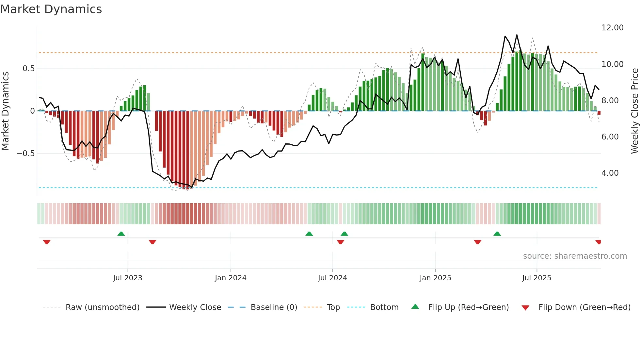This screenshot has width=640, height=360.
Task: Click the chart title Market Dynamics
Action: (51, 9)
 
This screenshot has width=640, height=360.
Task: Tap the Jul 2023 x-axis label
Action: (128, 278)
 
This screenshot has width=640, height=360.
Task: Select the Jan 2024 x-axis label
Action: (231, 278)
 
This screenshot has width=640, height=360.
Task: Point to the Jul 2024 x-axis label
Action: (332, 278)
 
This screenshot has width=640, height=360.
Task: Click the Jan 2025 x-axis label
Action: (435, 278)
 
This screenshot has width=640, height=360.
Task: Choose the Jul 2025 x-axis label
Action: (536, 278)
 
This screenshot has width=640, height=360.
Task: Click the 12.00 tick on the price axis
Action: (612, 28)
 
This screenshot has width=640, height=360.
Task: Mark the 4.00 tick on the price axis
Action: (610, 173)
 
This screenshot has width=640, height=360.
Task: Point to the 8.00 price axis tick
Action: (610, 101)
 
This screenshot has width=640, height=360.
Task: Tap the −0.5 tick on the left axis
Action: (26, 154)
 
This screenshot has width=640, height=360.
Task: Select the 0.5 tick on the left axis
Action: (28, 69)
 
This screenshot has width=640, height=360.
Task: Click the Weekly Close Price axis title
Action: (634, 111)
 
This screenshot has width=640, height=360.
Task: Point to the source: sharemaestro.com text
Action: (575, 256)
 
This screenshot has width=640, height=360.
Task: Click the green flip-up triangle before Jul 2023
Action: (121, 234)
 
